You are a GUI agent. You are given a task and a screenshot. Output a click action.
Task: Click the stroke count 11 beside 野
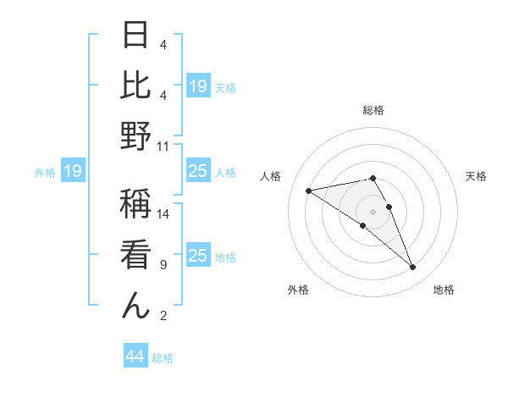pyautogui.click(x=163, y=146)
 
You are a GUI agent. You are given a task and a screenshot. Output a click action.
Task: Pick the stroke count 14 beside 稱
pyautogui.click(x=163, y=214)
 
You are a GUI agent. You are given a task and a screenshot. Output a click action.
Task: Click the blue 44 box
pyautogui.click(x=135, y=357)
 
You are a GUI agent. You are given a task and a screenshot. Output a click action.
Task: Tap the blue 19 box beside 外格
pyautogui.click(x=72, y=172)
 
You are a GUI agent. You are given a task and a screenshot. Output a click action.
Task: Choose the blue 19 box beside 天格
pyautogui.click(x=197, y=86)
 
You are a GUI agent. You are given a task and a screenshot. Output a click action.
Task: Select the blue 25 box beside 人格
pyautogui.click(x=197, y=172)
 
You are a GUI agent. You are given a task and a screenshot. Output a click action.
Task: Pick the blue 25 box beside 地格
pyautogui.click(x=197, y=256)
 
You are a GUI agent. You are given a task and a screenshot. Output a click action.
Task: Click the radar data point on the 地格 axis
pyautogui.click(x=413, y=268)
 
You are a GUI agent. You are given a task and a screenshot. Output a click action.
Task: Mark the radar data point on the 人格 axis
pyautogui.click(x=309, y=190)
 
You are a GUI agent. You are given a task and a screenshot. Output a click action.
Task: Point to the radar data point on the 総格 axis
pyautogui.click(x=373, y=178)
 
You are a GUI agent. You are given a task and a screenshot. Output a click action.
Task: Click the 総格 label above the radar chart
pyautogui.click(x=373, y=110)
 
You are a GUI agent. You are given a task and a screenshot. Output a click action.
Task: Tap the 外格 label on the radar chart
pyautogui.click(x=299, y=290)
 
